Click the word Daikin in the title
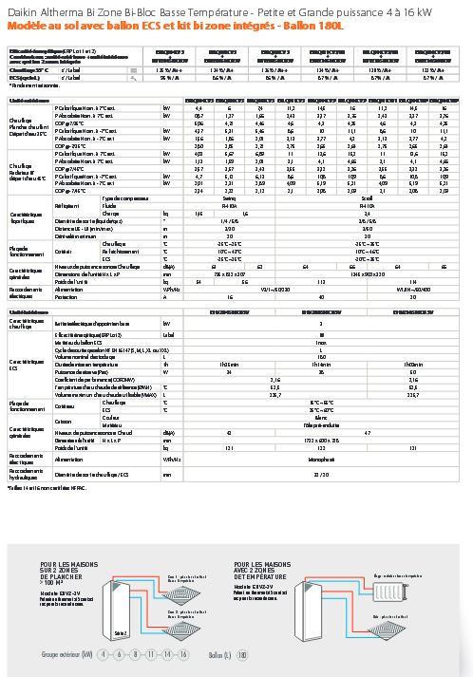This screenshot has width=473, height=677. [x=18, y=9]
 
